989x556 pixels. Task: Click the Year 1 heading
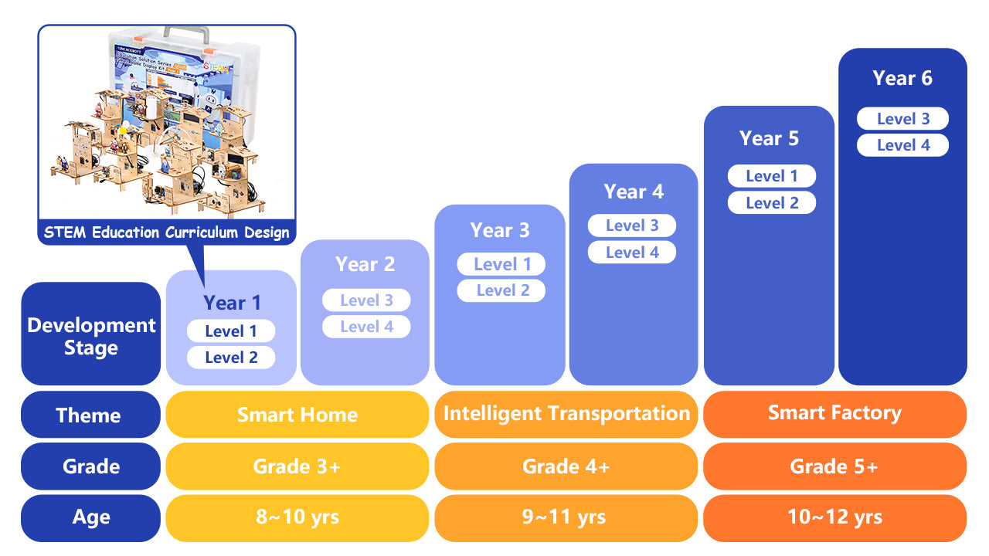232,303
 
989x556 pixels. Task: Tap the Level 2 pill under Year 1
231,358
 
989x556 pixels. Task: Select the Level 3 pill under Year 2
366,300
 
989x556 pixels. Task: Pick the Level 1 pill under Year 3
501,264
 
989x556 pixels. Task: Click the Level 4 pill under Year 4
632,253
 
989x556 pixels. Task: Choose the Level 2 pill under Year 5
772,203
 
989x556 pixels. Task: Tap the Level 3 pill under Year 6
902,119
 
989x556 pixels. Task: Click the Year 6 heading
902,78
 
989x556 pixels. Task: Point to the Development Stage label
91,336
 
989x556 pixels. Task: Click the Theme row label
89,415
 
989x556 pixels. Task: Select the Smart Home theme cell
297,415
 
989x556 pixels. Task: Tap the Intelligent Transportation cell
566,414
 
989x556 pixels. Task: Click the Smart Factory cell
834,413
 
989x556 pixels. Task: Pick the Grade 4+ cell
566,466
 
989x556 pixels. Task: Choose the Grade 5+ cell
834,466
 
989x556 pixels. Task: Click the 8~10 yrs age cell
297,517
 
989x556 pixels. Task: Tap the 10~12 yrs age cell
834,517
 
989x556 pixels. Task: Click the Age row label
90,517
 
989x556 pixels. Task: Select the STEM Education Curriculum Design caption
167,232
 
